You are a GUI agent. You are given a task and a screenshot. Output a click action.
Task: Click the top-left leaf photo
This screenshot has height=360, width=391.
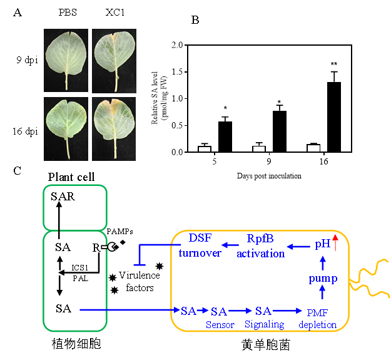[x=66, y=61]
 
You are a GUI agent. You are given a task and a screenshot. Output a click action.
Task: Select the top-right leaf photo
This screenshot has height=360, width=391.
[x=114, y=61]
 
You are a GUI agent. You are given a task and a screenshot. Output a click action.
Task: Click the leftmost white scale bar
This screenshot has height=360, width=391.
[x=204, y=149]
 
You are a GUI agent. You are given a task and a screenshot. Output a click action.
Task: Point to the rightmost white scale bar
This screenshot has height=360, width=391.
[x=313, y=148]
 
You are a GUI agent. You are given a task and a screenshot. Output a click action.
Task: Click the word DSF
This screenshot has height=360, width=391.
[x=200, y=239]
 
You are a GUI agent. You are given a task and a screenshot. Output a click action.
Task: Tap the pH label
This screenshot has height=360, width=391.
[x=322, y=244]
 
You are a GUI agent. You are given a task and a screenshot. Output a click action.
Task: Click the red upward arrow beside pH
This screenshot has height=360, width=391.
[x=335, y=242]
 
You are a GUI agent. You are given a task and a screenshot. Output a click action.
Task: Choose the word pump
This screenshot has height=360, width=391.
[x=323, y=278]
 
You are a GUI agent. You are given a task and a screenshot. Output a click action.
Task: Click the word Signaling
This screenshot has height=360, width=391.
[x=265, y=324]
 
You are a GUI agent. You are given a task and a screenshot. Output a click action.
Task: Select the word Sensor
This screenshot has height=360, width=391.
[x=219, y=324]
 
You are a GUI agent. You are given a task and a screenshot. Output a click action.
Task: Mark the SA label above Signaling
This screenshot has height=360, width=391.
[x=263, y=311]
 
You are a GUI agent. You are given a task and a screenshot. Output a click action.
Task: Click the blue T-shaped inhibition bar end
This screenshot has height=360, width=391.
[x=140, y=265]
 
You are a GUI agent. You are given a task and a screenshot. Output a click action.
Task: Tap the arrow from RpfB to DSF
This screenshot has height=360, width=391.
[x=230, y=245]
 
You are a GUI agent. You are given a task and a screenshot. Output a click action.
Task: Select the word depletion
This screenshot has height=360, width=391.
[x=317, y=324]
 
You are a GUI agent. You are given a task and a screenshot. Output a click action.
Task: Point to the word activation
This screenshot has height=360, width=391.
[x=260, y=254]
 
